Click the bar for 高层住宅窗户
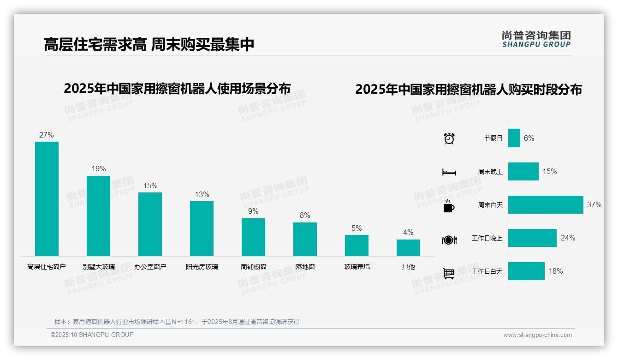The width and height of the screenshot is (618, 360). [x=47, y=198]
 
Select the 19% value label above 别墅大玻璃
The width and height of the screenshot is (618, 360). [x=98, y=169]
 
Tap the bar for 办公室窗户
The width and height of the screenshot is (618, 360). [x=150, y=224]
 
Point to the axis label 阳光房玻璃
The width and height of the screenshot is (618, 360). [x=202, y=267]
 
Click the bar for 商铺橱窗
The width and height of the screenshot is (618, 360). [x=253, y=237]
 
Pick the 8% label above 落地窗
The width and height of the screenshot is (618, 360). [x=305, y=216]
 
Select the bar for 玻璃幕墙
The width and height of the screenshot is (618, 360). [x=357, y=245]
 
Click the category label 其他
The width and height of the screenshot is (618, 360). [x=408, y=267]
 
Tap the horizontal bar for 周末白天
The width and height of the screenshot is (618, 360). [x=546, y=204]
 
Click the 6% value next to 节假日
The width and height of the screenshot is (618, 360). [x=529, y=138]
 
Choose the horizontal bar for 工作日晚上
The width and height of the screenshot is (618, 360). [x=532, y=238]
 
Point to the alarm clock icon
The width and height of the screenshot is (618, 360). [x=449, y=138]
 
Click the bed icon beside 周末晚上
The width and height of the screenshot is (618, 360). [x=449, y=172]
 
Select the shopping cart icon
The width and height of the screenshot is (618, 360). [x=449, y=273]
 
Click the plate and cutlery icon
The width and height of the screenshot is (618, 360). [x=449, y=240]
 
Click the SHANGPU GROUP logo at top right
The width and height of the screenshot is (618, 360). [x=536, y=39]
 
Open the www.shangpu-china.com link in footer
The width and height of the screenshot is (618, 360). [x=537, y=335]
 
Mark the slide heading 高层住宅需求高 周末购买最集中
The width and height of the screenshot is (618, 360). [x=149, y=45]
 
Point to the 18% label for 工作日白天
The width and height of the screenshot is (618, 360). [x=555, y=271]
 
